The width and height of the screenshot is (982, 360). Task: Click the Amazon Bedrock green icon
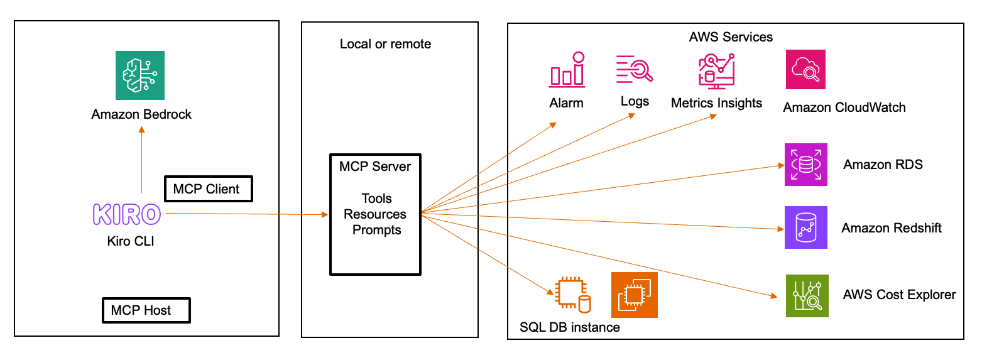pos(140,75)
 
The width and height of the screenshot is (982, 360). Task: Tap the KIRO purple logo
pos(127,214)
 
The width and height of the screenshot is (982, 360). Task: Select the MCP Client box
pos(207,188)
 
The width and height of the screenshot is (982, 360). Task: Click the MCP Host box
pos(146,310)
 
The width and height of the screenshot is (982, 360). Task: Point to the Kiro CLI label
pos(131,241)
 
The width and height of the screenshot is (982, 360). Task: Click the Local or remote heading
pos(385,44)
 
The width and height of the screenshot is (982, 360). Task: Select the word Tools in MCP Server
pos(376,199)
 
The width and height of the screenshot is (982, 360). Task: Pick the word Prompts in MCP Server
pos(376,230)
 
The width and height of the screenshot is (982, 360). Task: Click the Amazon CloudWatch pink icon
pos(805,69)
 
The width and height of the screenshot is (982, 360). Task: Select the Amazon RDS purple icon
pos(805,165)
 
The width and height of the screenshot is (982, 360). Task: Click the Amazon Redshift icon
pos(805,227)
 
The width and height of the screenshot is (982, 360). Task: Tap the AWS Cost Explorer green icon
pos(807,295)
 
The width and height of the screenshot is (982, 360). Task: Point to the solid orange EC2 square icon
pos(634,295)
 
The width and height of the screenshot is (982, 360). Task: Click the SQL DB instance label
pos(570,327)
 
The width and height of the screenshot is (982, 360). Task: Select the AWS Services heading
pos(731,36)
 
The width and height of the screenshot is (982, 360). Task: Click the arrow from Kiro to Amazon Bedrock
pos(141,160)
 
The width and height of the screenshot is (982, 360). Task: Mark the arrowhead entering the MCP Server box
pos(325,215)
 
